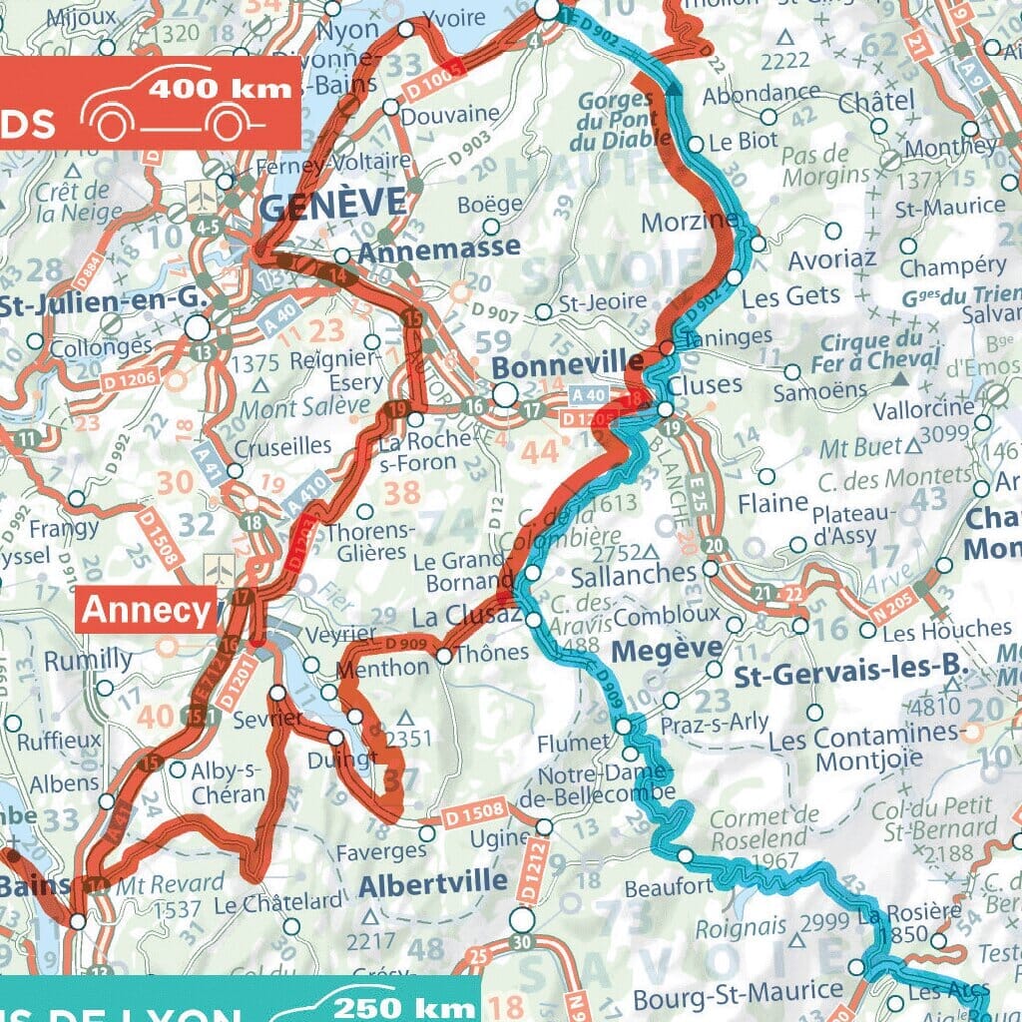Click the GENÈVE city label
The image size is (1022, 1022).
coord(333,205)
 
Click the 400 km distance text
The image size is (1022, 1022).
coord(221,87)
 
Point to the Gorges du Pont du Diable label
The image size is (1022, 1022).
coord(615,123)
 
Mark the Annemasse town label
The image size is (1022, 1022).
coord(438,247)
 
